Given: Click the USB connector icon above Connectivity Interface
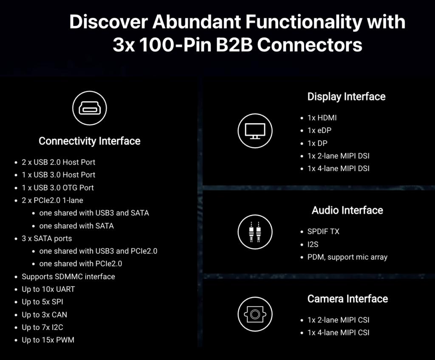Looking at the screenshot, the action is [89, 108].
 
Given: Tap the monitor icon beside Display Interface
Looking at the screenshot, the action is [255, 131].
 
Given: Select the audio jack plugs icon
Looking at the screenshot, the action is [255, 232].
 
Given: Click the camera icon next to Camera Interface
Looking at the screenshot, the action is [255, 314].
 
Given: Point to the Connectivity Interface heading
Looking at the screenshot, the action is [89, 141].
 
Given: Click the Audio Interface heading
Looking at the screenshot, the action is [347, 210].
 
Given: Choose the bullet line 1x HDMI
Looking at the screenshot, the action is [322, 118].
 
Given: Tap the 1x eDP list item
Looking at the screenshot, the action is [319, 130].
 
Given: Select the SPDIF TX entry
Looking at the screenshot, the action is [323, 231].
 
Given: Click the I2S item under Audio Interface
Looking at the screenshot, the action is [313, 245].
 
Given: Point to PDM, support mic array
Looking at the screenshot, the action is [347, 257].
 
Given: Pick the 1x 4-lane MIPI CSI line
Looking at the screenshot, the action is [339, 332].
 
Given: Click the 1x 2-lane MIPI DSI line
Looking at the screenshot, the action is [339, 156].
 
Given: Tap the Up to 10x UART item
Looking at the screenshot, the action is [48, 289].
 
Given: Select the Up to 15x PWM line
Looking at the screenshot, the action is [48, 340].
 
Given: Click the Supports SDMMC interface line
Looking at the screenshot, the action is [68, 276].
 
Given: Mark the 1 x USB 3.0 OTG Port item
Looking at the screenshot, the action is [58, 188].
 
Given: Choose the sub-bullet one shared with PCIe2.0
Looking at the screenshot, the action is [80, 264].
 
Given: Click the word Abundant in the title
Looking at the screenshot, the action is [196, 22].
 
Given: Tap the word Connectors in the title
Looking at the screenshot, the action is [310, 45].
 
